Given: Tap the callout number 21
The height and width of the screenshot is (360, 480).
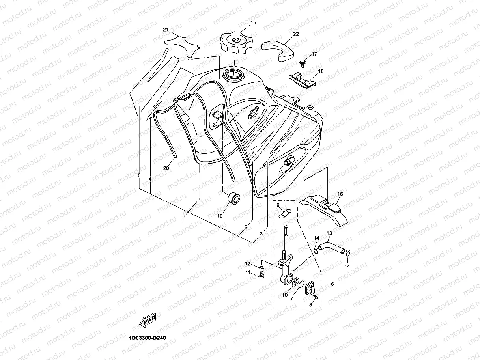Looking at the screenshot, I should point(166,30).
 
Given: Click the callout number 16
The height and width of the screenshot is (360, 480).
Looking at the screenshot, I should point(340,194).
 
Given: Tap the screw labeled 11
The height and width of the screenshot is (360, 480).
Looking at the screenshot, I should point(262,276).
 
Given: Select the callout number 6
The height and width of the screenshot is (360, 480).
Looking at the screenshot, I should point(332,284).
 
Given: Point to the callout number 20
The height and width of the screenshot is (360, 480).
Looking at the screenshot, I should point(166,168).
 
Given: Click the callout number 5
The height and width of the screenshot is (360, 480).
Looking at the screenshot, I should point(139,175).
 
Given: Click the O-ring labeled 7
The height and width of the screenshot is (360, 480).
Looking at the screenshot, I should point(301,284).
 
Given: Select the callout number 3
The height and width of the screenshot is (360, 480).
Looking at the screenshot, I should point(261,234).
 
